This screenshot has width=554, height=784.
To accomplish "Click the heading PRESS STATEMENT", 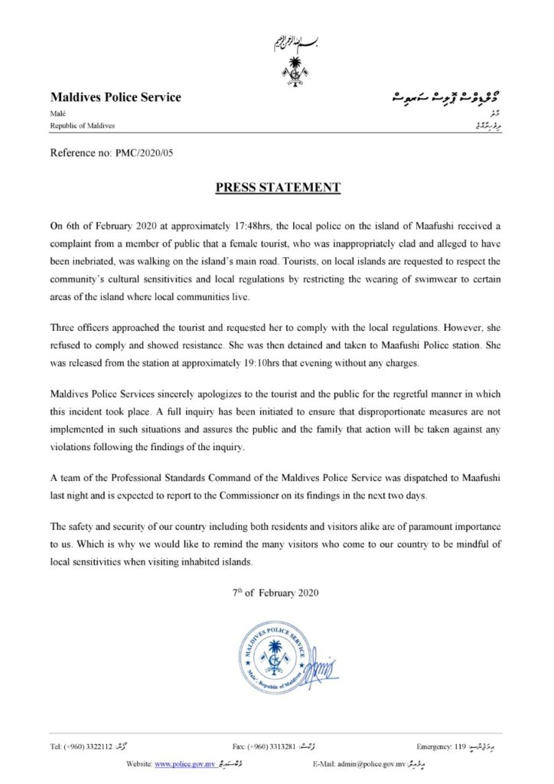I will (277, 187).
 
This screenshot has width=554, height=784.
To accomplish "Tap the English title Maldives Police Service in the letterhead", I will (116, 98).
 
